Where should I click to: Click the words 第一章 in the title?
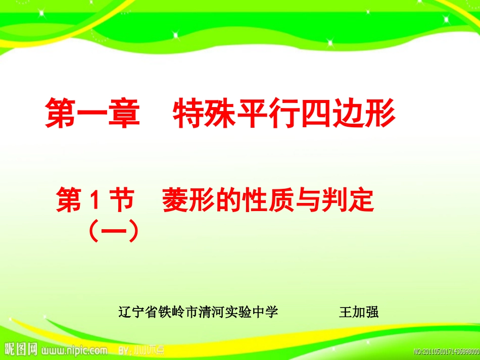pyautogui.click(x=92, y=114)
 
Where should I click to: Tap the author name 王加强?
pyautogui.click(x=358, y=312)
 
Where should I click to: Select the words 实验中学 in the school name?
pyautogui.click(x=255, y=312)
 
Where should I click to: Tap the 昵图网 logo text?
pyautogui.click(x=21, y=349)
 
